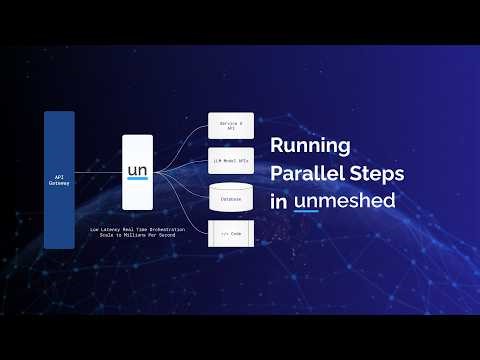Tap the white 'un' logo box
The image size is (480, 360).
pos(137,173)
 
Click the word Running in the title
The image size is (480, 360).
pos(311,146)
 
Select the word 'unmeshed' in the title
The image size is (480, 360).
pos(345,200)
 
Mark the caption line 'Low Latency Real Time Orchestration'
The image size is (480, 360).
pos(138,229)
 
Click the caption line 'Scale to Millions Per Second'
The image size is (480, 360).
pos(138,236)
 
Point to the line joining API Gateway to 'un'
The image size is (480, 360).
pos(98,173)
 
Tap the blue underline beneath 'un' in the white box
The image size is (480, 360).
pos(137,180)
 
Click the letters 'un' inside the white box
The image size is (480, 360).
pos(137,169)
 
